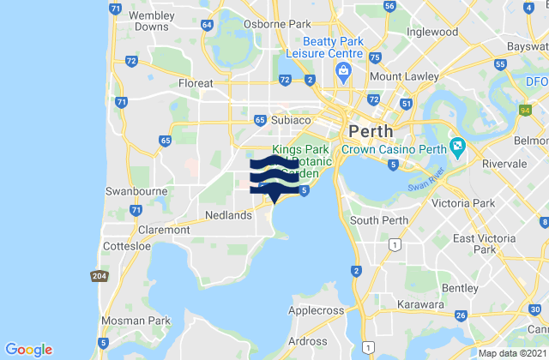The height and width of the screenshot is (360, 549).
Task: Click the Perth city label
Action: point(371,132)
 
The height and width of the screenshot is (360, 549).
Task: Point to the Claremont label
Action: point(159,231)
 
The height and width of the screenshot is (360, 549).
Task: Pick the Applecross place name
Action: point(316,309)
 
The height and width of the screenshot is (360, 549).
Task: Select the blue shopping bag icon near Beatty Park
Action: point(342,70)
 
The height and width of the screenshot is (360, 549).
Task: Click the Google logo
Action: point(29,349)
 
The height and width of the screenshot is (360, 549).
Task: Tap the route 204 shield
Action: point(99,275)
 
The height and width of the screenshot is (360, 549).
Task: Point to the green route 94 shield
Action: point(524,111)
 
